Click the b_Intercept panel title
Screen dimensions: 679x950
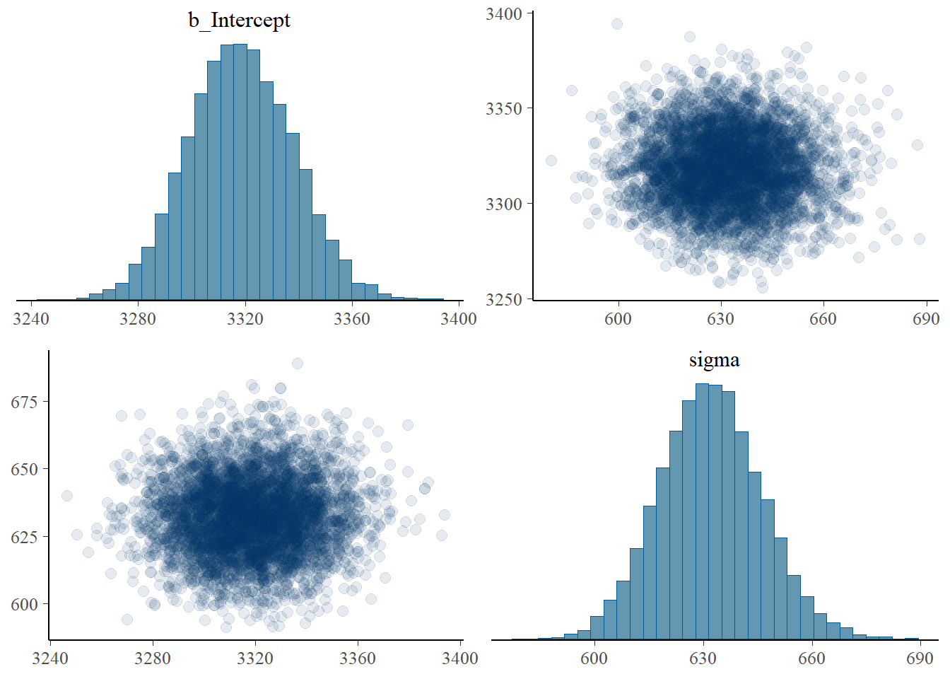tap(239, 20)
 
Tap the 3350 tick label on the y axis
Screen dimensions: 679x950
tap(503, 109)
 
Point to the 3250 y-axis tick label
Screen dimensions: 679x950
tap(503, 299)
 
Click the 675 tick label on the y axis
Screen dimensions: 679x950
tap(24, 402)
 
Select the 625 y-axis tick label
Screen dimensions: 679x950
tap(24, 537)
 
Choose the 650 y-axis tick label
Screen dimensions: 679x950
tap(24, 469)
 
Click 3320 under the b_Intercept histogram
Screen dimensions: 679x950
tap(245, 319)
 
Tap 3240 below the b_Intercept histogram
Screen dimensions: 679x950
tap(31, 319)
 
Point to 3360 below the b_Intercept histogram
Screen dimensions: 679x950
tap(351, 319)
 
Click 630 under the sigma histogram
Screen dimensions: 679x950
tap(703, 658)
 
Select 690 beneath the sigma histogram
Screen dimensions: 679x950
tap(920, 658)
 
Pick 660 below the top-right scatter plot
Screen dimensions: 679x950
tap(823, 319)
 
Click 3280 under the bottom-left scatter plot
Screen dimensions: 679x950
tap(153, 658)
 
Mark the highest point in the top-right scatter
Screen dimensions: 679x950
tap(617, 24)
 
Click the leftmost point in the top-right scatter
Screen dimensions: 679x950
tap(551, 161)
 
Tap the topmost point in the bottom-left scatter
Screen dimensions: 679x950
tap(298, 364)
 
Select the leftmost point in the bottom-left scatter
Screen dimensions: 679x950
tap(67, 496)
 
